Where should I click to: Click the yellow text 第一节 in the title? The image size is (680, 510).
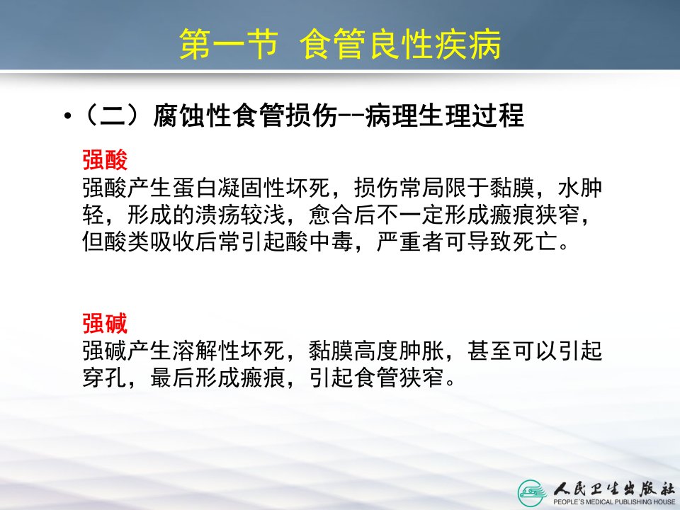click(x=229, y=44)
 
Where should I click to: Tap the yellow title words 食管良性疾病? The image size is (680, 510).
click(x=400, y=44)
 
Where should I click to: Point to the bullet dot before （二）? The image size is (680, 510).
click(x=67, y=116)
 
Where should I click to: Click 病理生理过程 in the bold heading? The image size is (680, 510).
click(x=445, y=115)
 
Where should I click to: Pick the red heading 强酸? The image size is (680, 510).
click(x=105, y=159)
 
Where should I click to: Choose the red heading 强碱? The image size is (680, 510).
click(x=105, y=323)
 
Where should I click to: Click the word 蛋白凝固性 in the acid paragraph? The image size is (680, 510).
click(x=229, y=187)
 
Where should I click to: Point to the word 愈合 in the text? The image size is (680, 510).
click(x=331, y=215)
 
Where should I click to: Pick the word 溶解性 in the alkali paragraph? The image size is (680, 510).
click(x=206, y=351)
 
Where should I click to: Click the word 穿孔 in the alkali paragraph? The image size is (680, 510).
click(x=105, y=378)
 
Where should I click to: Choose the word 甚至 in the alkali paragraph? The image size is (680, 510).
click(x=489, y=351)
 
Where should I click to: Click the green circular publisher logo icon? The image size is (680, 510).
click(x=533, y=493)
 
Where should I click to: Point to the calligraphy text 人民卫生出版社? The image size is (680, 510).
click(x=613, y=489)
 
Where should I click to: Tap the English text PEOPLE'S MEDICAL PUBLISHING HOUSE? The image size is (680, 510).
click(x=613, y=501)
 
